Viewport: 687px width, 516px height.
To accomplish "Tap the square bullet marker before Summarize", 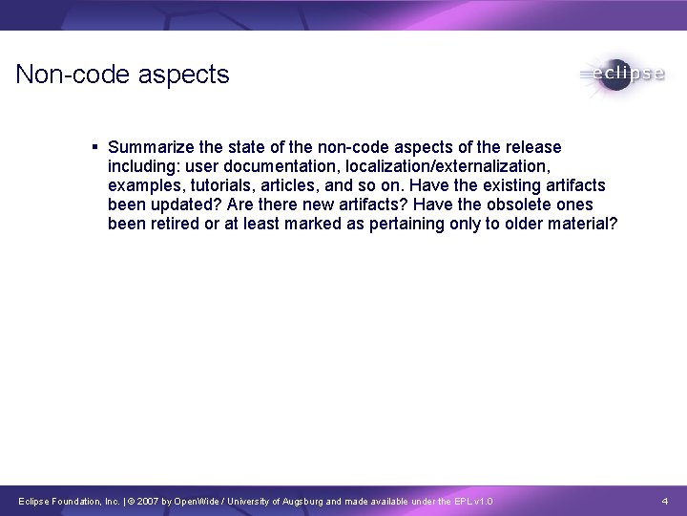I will click(x=95, y=147).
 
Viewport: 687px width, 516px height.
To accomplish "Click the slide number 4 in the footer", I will click(x=664, y=501).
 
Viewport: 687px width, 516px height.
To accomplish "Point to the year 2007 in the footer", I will click(x=162, y=501).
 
